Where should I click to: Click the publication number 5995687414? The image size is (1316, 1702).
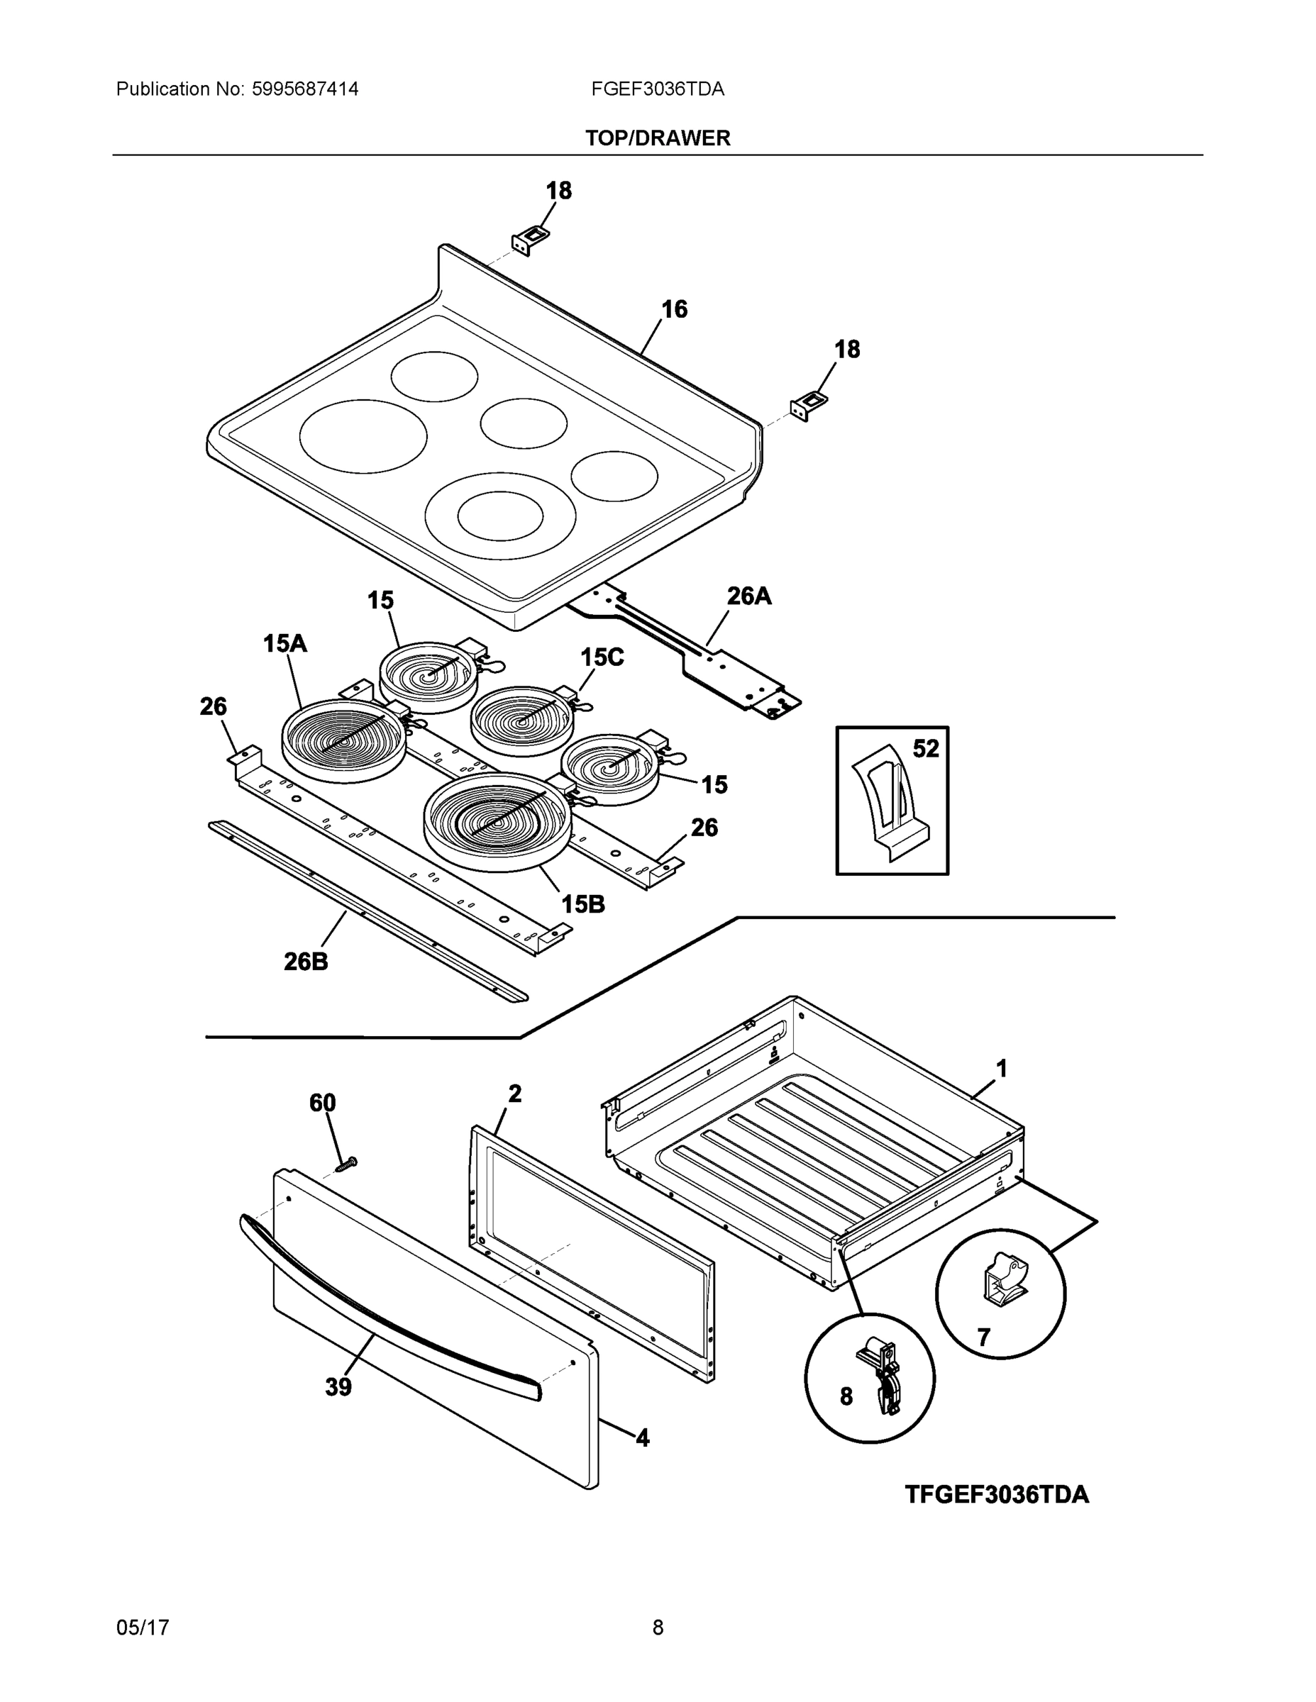pyautogui.click(x=305, y=89)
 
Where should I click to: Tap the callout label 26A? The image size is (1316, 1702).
pyautogui.click(x=748, y=596)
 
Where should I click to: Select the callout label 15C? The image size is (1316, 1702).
pyautogui.click(x=602, y=657)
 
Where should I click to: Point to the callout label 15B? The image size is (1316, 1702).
pyautogui.click(x=583, y=904)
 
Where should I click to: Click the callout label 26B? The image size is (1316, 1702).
pyautogui.click(x=306, y=962)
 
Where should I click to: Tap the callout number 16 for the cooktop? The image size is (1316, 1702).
pyautogui.click(x=675, y=309)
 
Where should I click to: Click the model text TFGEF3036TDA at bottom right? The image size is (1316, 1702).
pyautogui.click(x=996, y=1495)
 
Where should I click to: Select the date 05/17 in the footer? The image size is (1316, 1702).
pyautogui.click(x=143, y=1628)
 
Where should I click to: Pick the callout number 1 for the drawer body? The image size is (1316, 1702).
pyautogui.click(x=1002, y=1069)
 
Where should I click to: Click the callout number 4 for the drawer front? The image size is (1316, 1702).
pyautogui.click(x=643, y=1437)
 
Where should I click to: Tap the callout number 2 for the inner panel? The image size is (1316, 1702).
pyautogui.click(x=514, y=1094)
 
